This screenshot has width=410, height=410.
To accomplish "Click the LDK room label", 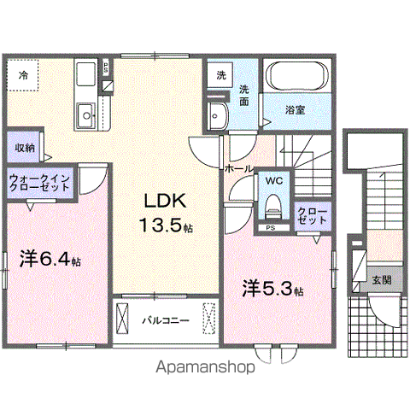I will point(161,203).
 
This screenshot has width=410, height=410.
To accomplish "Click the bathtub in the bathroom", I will point(294,79).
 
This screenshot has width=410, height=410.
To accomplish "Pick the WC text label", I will point(273,181).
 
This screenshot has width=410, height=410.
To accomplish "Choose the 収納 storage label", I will point(25,146).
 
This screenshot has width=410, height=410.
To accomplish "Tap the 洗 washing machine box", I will point(220,74).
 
